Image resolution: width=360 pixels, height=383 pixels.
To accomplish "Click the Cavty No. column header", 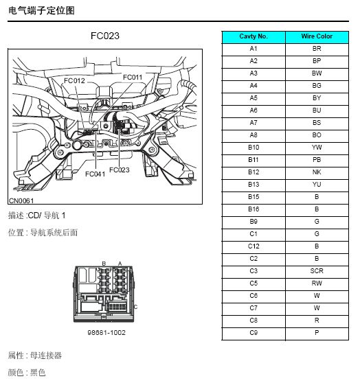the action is coord(254,36).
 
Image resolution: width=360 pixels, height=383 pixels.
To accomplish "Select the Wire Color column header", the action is coord(317,36).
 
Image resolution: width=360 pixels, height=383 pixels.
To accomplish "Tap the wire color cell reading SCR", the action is coord(317,271).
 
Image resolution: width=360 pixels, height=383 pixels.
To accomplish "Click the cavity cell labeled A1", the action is coord(254,49).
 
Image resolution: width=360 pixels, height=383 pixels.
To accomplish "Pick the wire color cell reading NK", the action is coord(317,172).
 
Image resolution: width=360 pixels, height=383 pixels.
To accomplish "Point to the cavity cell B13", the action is coord(254,185).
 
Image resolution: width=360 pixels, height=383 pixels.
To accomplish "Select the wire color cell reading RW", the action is coord(317,283).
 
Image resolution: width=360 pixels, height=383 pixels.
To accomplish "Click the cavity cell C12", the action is coord(254,246).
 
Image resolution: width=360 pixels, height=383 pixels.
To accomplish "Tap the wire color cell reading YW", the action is coord(317,148).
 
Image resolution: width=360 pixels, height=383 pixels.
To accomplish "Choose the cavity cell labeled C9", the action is coord(254,333).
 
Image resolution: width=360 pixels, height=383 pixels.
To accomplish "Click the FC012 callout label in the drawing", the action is coord(74,80).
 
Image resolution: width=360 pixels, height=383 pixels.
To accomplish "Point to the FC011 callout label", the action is coord(133,78).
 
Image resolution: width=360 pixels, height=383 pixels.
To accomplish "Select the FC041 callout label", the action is coord(95,174).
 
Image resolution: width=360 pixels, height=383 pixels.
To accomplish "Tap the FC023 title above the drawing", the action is coord(105,36).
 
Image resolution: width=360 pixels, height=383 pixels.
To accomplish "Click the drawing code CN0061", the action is coord(21,201).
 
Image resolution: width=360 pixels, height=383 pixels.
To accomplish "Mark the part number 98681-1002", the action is coord(106,333).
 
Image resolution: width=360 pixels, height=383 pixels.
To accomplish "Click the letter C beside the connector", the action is coord(136,307).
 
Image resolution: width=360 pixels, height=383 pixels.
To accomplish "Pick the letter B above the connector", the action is coord(104,264).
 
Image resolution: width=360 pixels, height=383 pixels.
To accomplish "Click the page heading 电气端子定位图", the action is coord(41,10).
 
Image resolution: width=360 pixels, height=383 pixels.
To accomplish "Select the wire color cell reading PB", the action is coord(317,160).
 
